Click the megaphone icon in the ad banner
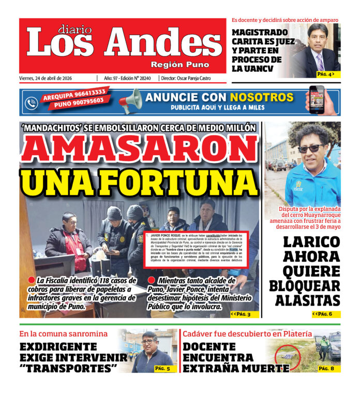[130, 100]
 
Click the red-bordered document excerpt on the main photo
[197, 249]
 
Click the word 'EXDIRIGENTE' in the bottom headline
[58, 346]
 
